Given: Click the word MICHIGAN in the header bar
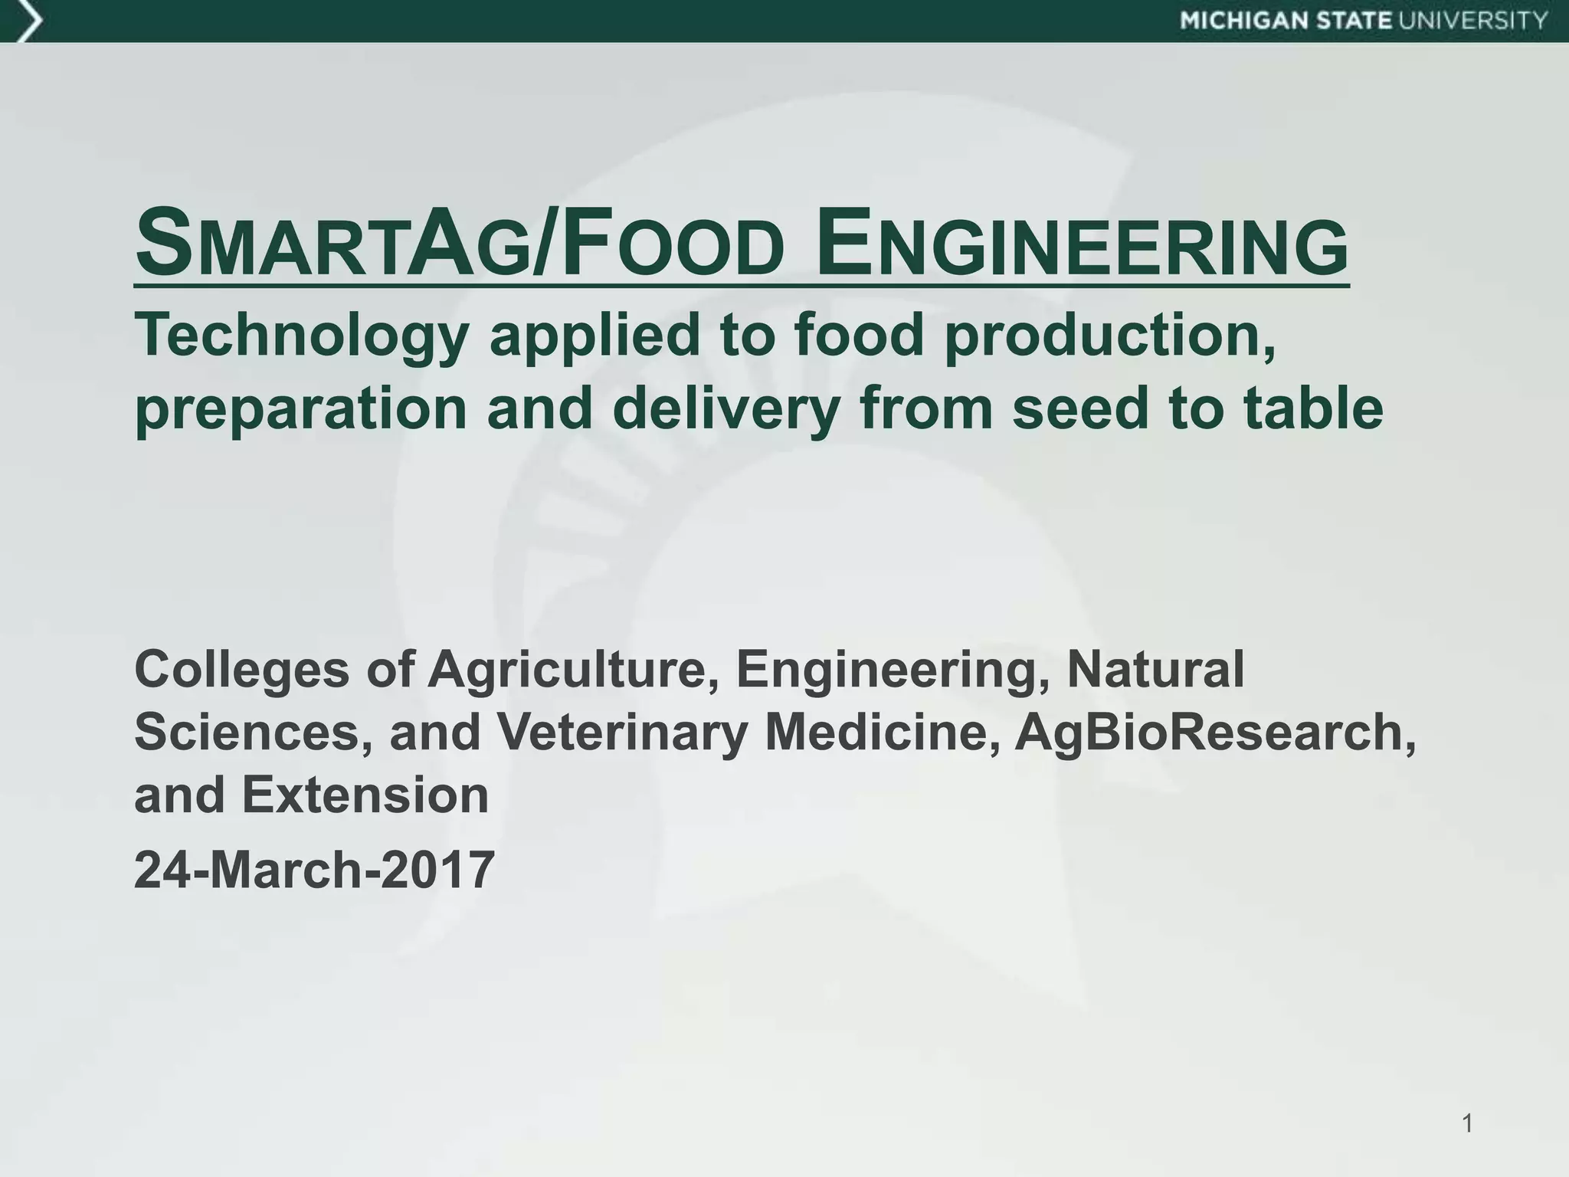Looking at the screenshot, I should [1243, 21].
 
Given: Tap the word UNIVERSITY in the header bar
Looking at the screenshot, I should [1473, 21].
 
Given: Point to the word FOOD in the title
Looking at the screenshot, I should [674, 245].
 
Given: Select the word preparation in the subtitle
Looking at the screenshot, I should [301, 409].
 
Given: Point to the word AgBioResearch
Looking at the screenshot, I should [1215, 732].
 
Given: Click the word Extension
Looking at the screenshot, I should [365, 795].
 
